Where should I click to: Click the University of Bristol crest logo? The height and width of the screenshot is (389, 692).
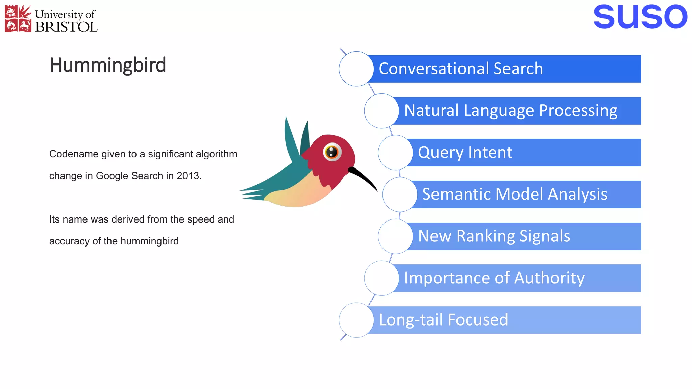18,19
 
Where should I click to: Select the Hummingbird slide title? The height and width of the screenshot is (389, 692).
107,65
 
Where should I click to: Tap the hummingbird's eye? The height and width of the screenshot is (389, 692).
332,152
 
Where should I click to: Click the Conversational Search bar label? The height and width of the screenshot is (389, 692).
461,69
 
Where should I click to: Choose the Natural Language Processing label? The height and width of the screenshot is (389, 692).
511,111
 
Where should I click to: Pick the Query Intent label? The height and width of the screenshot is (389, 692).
465,153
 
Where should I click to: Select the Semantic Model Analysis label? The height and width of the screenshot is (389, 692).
515,194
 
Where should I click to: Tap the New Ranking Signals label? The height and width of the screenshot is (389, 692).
494,236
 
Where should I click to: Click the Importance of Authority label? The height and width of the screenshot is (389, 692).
494,278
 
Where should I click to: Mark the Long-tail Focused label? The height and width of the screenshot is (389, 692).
443,320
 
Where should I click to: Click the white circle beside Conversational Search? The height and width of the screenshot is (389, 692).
356,69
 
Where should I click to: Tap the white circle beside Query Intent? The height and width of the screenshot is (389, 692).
395,153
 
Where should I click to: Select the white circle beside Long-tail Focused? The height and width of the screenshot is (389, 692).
356,320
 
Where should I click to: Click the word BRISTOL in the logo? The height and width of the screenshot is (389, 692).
66,27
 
